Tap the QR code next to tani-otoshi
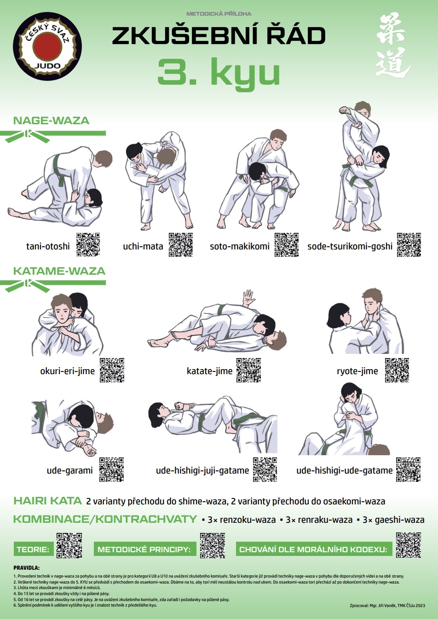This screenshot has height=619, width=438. click(88, 244)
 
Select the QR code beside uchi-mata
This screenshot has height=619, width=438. click(181, 244)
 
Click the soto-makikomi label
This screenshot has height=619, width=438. click(240, 246)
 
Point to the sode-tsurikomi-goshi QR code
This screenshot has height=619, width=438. click(409, 244)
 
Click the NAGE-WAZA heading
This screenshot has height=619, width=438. click(51, 121)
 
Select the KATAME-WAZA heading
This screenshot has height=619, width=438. click(59, 271)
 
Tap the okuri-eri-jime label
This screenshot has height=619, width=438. click(68, 371)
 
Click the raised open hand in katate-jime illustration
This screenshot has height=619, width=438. click(248, 297)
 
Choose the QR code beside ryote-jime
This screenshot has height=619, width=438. click(397, 370)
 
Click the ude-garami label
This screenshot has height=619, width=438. click(69, 470)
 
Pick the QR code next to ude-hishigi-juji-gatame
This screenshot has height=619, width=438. click(265, 469)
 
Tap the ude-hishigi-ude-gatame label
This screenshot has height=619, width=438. click(345, 470)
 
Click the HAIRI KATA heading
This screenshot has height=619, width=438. click(47, 501)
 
